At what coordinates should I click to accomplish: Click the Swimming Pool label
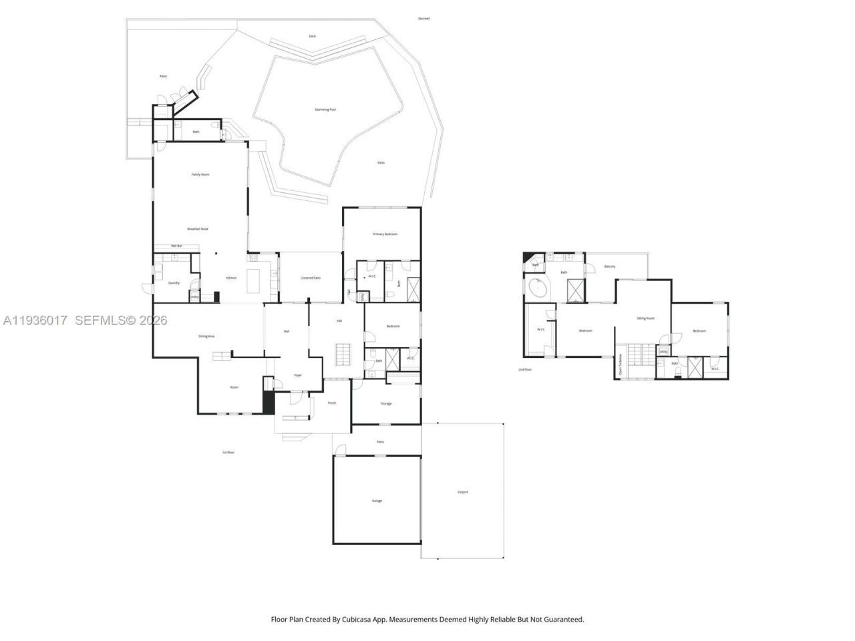point(325,110)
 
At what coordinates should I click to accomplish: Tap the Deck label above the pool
point(313,36)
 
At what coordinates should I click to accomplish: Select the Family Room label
point(200,174)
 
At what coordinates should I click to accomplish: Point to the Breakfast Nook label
point(198,229)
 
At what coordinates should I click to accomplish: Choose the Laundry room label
point(174,282)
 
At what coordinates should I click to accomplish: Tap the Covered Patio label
point(311,278)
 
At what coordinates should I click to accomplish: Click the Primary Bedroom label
point(385,234)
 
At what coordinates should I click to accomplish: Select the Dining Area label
point(206,337)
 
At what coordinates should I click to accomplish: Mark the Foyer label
point(298,375)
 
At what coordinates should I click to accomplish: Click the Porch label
point(332,403)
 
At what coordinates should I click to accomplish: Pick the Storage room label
point(386,404)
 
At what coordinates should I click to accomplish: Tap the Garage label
point(377,501)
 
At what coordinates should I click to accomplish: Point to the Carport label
point(463,492)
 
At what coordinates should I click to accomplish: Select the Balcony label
point(610,266)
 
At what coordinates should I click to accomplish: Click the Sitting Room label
point(645,318)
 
